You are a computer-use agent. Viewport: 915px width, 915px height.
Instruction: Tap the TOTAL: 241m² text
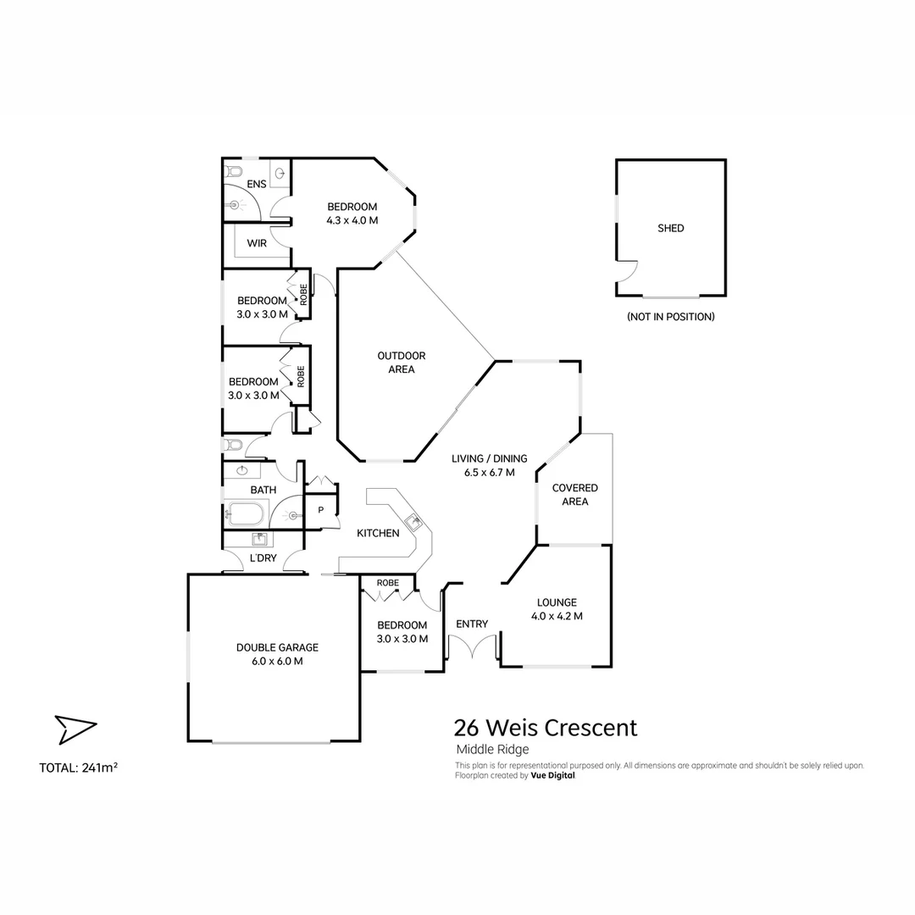(x=78, y=768)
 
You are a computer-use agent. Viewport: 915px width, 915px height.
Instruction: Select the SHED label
(x=670, y=228)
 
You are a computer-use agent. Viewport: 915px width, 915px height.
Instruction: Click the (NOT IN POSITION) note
(x=670, y=317)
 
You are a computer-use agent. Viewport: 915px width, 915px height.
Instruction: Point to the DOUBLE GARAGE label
(x=277, y=647)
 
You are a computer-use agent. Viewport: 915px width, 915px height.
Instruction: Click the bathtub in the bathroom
(x=247, y=513)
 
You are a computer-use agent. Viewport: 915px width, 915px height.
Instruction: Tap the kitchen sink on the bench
(x=413, y=523)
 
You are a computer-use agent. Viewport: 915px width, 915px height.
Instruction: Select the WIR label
(x=257, y=243)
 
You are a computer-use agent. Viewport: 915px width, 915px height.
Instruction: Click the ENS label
(x=256, y=184)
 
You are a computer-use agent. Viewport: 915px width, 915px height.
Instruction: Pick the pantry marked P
(x=321, y=510)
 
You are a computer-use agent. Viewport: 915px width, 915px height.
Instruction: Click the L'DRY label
(x=263, y=557)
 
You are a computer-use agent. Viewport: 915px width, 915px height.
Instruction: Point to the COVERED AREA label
(x=574, y=495)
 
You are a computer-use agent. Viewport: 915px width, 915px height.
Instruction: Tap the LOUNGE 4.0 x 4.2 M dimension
(x=557, y=617)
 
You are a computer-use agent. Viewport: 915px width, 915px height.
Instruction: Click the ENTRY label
(x=472, y=624)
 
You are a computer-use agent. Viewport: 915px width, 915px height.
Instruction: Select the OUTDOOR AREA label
(x=401, y=363)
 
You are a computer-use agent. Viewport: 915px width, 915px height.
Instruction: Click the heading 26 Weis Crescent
(x=546, y=728)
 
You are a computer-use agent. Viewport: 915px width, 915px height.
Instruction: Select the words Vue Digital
(x=552, y=775)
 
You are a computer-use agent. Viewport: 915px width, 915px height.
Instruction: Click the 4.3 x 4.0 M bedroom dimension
(x=352, y=220)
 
